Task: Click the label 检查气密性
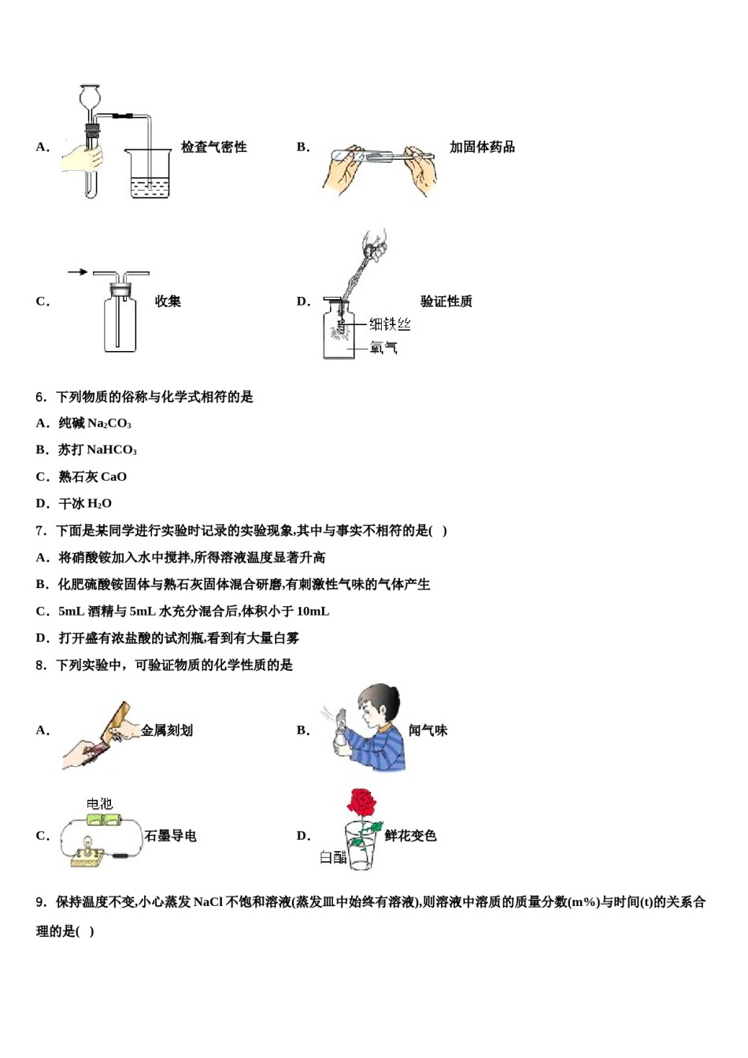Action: pyautogui.click(x=213, y=147)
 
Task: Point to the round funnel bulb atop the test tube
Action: pyautogui.click(x=90, y=98)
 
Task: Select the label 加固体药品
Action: pyautogui.click(x=482, y=147)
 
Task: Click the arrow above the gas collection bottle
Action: pyautogui.click(x=77, y=272)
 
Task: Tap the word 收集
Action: pyautogui.click(x=168, y=301)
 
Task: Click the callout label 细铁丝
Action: pyautogui.click(x=390, y=324)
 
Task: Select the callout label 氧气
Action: pyautogui.click(x=383, y=347)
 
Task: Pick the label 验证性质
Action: pyautogui.click(x=446, y=301)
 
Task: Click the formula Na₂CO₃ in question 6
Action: pyautogui.click(x=109, y=424)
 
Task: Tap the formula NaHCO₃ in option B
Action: pyautogui.click(x=111, y=450)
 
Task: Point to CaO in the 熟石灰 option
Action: pyautogui.click(x=113, y=477)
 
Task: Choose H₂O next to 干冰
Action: pyautogui.click(x=99, y=504)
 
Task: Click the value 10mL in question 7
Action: pyautogui.click(x=313, y=612)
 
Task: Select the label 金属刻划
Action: pyautogui.click(x=167, y=731)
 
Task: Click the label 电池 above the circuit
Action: pyautogui.click(x=99, y=804)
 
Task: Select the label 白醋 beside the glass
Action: pyautogui.click(x=333, y=857)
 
